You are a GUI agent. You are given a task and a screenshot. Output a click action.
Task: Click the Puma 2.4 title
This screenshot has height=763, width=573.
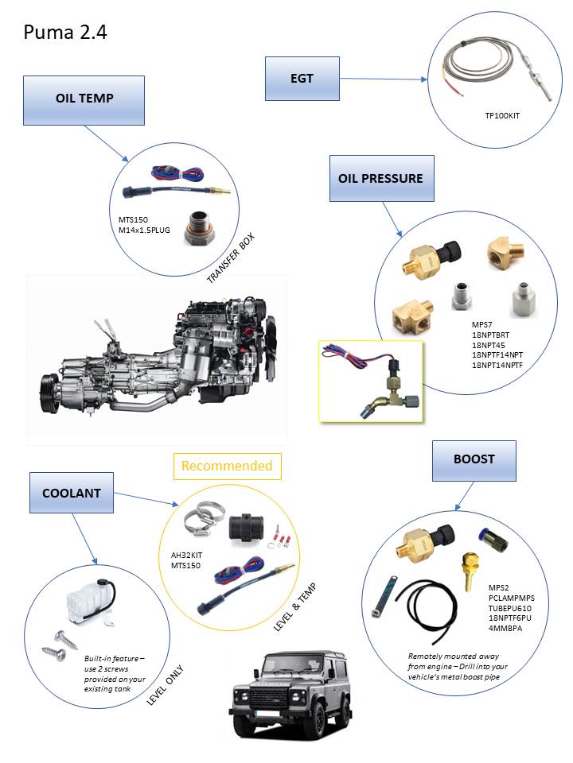point(65,33)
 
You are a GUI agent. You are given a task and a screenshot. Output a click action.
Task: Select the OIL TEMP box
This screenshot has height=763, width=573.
point(84,99)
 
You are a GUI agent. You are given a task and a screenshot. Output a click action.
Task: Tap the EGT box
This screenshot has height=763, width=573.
point(302,79)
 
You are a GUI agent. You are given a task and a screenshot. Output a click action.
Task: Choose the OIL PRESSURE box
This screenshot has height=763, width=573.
point(381,178)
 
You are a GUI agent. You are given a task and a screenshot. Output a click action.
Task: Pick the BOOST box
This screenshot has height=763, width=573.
point(474,459)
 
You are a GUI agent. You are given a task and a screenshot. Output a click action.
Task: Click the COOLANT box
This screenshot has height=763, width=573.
point(72,493)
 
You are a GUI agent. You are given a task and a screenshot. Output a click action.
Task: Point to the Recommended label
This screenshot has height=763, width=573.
point(227,466)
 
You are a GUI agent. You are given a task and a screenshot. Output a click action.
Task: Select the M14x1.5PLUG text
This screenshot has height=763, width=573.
point(144,230)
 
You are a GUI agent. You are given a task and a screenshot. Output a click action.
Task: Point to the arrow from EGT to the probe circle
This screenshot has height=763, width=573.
point(382,79)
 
